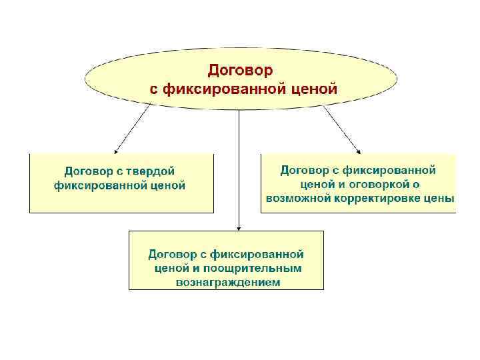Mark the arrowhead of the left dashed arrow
[116, 150]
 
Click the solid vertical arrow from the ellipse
[239, 167]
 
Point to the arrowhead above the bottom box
[239, 226]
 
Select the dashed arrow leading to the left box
[132, 129]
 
